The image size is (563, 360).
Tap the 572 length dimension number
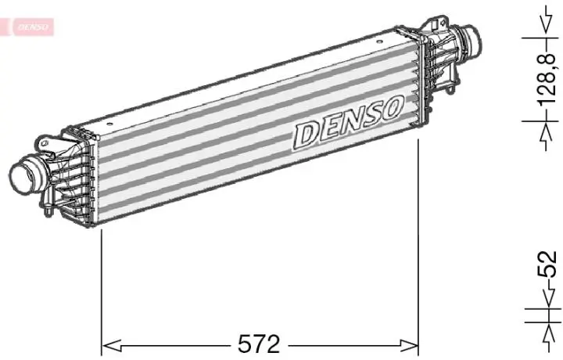coord(259,343)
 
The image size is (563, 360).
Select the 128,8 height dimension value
coord(550,78)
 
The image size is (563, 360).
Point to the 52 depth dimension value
coord(550,265)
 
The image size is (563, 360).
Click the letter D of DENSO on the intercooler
coord(306,134)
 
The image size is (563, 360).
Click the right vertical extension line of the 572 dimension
coord(420,243)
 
